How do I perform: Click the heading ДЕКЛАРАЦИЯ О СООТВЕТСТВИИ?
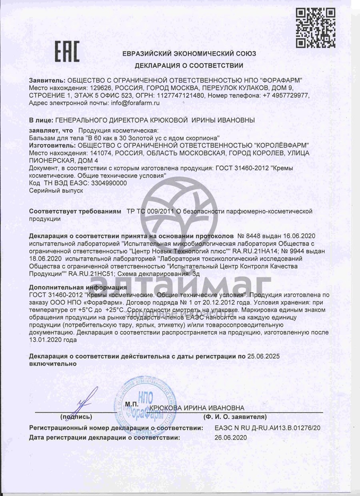tap(189, 65)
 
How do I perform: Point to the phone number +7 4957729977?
tap(286, 95)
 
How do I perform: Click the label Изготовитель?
tap(52, 145)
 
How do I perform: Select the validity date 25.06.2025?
tap(264, 356)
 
